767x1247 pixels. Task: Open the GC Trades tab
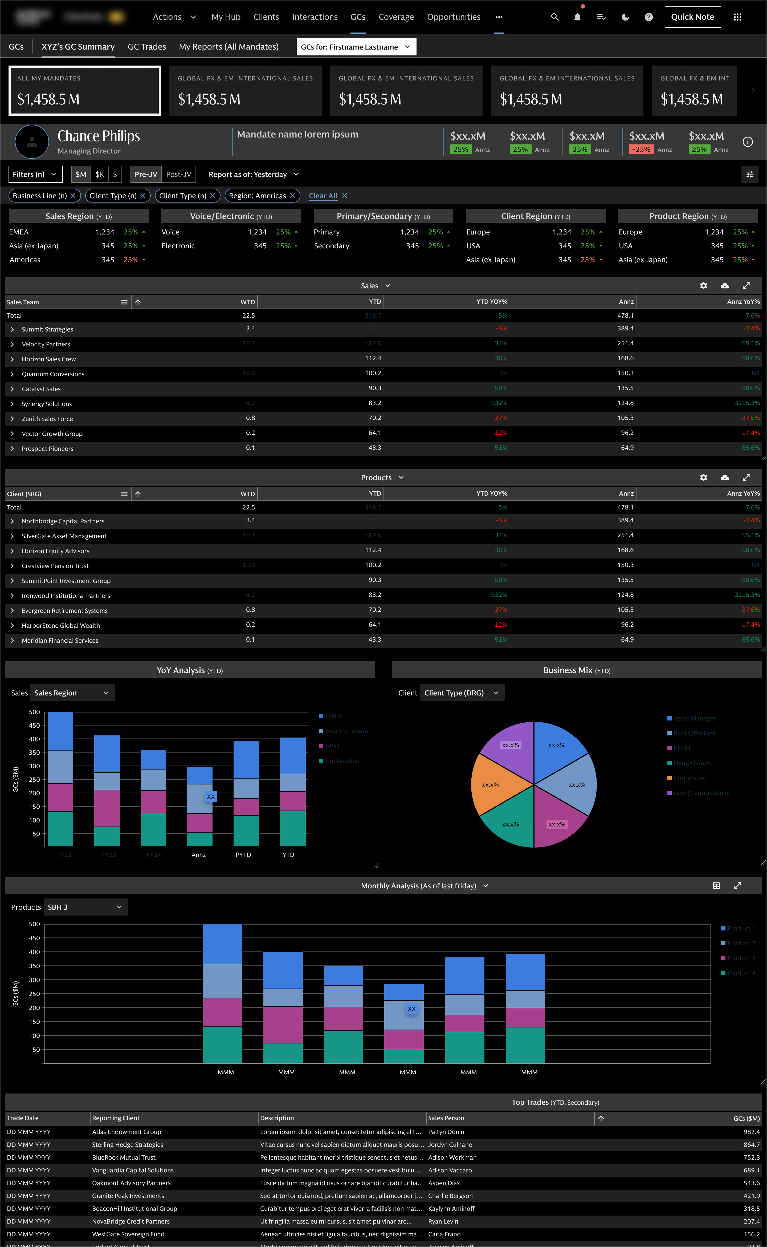(x=146, y=47)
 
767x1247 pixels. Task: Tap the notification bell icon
(x=577, y=17)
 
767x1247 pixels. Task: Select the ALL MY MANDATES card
(x=85, y=90)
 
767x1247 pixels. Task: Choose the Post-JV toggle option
(x=178, y=174)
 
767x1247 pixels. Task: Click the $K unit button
(x=100, y=174)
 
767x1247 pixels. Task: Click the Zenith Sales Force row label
(x=47, y=419)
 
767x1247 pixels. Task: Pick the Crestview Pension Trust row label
(x=55, y=566)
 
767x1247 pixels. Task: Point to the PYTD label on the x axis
(x=243, y=855)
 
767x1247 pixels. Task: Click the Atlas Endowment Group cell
(x=126, y=1132)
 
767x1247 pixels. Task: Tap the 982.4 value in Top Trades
(x=751, y=1132)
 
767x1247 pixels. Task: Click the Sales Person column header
(x=446, y=1118)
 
